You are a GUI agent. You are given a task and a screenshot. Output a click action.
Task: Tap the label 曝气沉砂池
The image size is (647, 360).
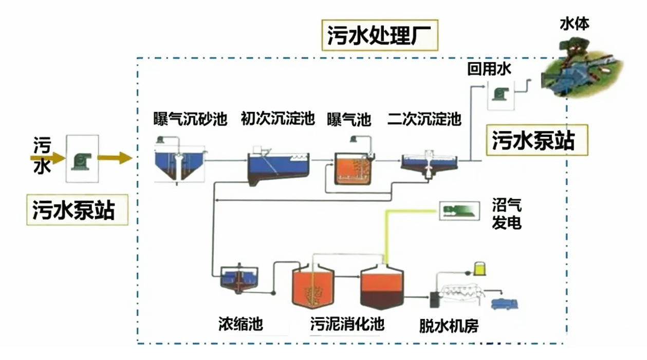tap(190, 119)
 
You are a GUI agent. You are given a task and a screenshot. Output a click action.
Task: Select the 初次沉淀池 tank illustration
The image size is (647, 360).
tap(278, 167)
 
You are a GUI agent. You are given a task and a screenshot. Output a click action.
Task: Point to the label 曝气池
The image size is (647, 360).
tap(349, 120)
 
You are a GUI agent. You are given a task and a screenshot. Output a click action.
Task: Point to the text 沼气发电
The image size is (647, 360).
tap(506, 215)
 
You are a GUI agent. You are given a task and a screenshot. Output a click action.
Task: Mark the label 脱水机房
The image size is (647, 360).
tap(449, 326)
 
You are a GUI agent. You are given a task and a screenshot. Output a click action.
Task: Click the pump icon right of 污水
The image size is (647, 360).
tap(82, 159)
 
